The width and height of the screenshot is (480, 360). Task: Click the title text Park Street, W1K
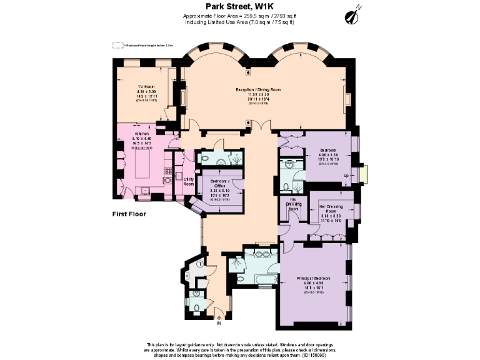tap(240, 6)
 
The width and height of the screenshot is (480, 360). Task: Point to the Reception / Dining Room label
tap(257, 90)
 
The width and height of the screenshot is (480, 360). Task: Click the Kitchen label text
tap(142, 134)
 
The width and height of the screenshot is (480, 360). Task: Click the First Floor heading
tap(129, 214)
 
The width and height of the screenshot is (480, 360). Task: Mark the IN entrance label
tap(219, 323)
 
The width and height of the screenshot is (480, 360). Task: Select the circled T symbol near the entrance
tap(199, 264)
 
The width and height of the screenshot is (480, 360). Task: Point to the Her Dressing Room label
tap(332, 209)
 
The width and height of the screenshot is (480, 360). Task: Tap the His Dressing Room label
tap(293, 206)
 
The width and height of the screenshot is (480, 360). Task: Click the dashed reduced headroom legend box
tap(117, 45)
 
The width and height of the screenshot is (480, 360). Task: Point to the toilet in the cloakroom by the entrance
tap(196, 307)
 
